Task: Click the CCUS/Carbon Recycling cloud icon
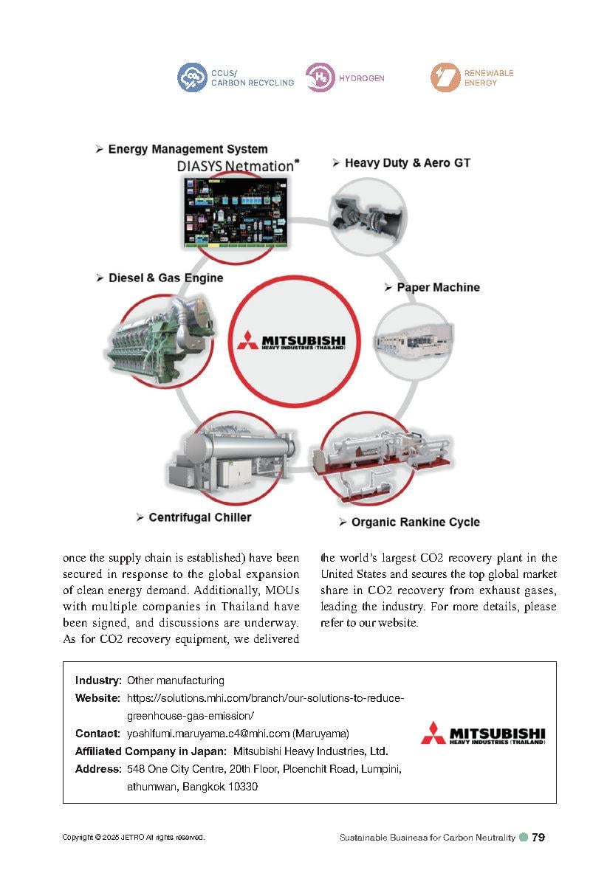point(192,77)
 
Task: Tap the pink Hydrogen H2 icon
point(320,77)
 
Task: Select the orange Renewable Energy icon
point(445,77)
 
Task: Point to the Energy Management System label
point(188,149)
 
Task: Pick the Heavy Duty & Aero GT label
point(407,162)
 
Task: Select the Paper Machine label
point(438,287)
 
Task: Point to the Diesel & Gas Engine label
point(165,278)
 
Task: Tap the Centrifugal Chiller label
point(199,517)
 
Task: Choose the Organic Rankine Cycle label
point(415,522)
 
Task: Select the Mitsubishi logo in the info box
point(484,734)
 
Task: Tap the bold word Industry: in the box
point(98,680)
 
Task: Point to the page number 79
point(538,837)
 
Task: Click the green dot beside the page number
point(524,837)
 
